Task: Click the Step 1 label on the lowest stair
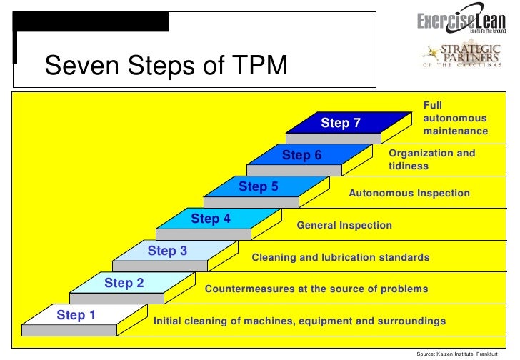click(x=76, y=315)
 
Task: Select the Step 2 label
click(x=124, y=283)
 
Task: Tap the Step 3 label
click(x=167, y=251)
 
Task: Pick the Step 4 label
click(x=211, y=219)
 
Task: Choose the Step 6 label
click(x=302, y=155)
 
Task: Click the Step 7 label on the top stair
click(x=341, y=123)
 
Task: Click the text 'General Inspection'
click(x=344, y=225)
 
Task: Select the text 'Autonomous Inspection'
click(x=409, y=193)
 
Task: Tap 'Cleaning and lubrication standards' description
click(x=341, y=257)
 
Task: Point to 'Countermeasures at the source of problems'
click(x=316, y=289)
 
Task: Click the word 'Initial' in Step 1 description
click(x=170, y=321)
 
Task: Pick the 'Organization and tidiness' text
click(x=431, y=159)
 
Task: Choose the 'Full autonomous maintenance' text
click(x=455, y=119)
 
